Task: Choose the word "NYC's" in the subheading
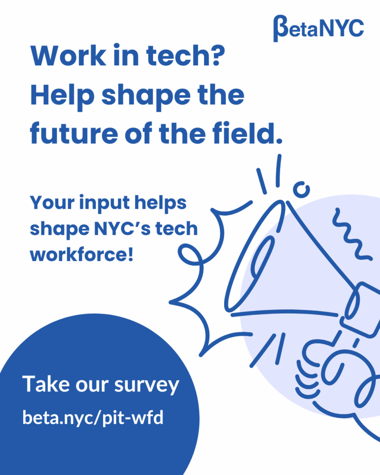pyautogui.click(x=125, y=230)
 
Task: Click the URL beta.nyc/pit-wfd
pyautogui.click(x=93, y=417)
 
